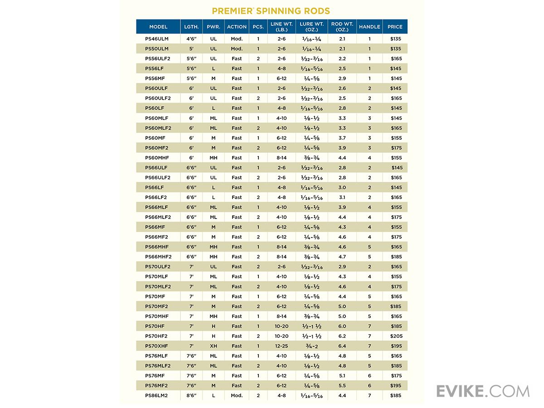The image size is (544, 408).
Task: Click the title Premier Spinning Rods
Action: tap(271, 10)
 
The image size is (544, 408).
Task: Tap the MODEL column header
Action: tap(158, 27)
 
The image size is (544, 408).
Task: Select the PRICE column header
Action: tap(395, 27)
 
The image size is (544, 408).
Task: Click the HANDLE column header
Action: tap(369, 27)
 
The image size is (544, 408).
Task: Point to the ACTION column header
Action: tap(237, 27)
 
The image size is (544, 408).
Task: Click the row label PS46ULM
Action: tap(157, 39)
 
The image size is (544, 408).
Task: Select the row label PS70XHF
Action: tap(157, 346)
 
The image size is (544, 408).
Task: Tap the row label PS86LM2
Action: tap(157, 396)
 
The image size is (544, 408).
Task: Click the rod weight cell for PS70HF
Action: tap(342, 326)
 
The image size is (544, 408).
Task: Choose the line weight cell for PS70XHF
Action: tap(282, 346)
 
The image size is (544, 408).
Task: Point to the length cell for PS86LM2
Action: tap(191, 396)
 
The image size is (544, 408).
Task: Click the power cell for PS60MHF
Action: tap(214, 158)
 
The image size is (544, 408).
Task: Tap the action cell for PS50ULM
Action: tap(237, 49)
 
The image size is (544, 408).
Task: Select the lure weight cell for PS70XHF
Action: tap(311, 346)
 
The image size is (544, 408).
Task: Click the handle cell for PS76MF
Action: tap(369, 376)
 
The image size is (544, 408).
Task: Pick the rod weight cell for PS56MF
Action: tap(342, 78)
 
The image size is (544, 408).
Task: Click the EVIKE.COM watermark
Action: tap(482, 391)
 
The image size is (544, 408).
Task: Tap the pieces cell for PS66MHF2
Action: tap(258, 257)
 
